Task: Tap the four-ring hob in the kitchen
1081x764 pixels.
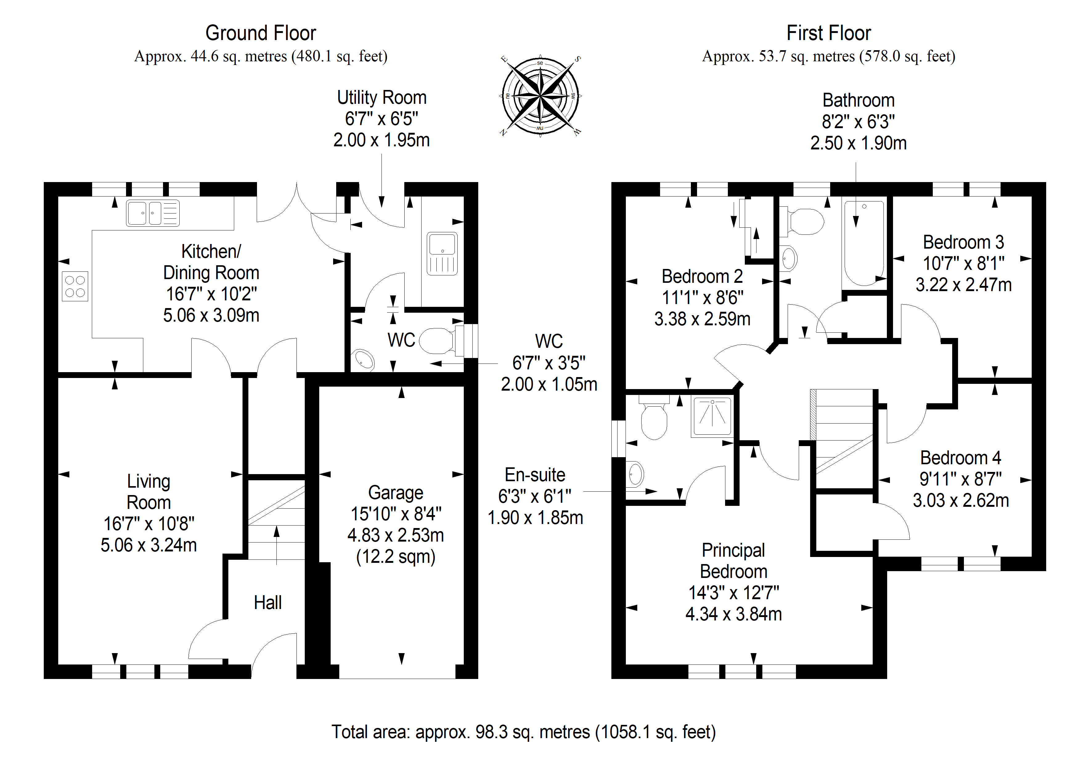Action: (75, 286)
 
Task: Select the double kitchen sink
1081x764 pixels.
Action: (153, 213)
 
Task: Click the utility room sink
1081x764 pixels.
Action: (442, 254)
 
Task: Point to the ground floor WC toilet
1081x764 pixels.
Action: (437, 341)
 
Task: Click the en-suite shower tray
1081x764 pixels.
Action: (712, 416)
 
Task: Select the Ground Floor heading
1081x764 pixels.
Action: (260, 33)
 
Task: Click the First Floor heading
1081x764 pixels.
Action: (828, 33)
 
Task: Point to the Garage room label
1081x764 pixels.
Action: (395, 492)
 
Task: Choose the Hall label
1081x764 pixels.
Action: (267, 603)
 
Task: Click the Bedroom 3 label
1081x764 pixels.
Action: (963, 242)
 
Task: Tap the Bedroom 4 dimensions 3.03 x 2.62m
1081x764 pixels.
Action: (961, 500)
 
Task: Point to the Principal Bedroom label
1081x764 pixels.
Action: (733, 561)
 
